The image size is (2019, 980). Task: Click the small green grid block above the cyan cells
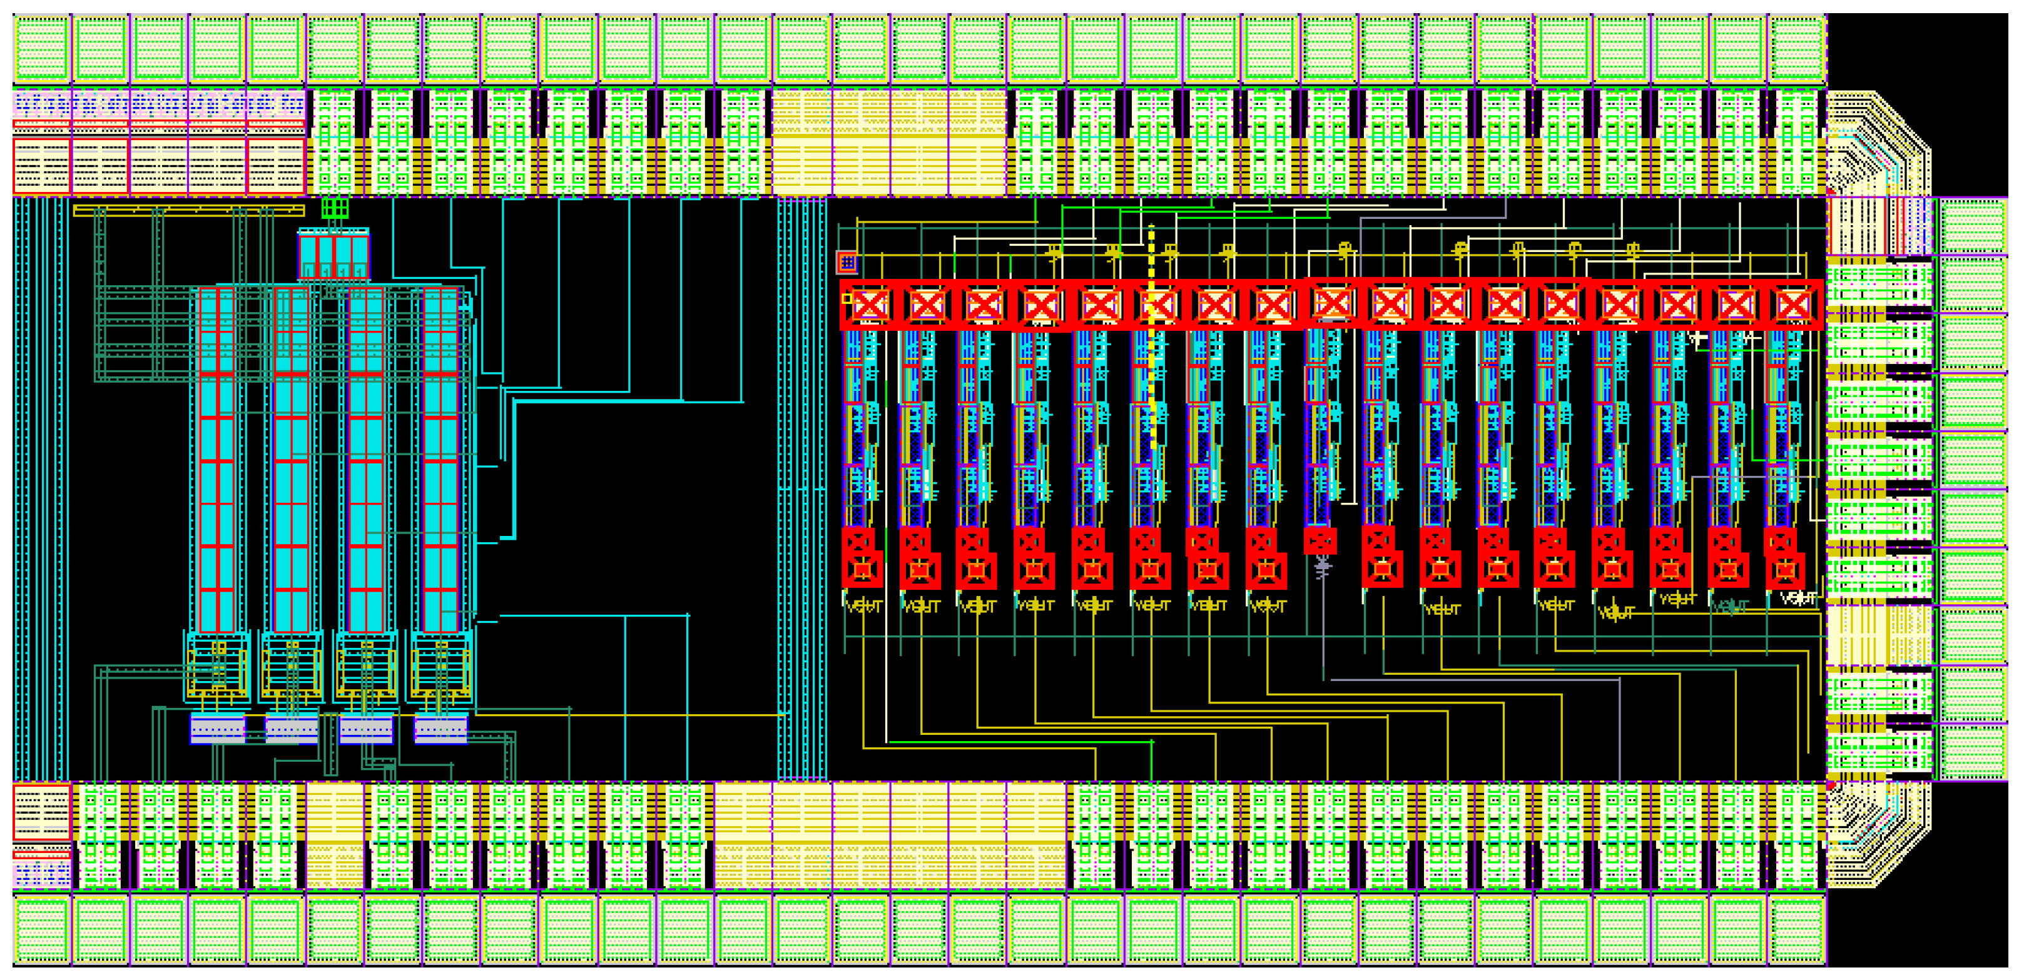click(335, 208)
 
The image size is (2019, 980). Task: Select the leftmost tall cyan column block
click(217, 460)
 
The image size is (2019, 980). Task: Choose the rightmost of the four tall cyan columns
click(440, 460)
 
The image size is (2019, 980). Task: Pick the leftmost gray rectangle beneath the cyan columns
click(218, 729)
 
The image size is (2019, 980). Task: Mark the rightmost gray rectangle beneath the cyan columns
click(440, 729)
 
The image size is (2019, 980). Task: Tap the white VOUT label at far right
click(1798, 599)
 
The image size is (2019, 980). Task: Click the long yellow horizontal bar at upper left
click(188, 210)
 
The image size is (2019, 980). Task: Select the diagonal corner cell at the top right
click(1877, 145)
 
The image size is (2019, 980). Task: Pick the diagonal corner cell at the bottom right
click(1877, 834)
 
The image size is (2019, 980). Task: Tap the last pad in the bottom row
click(1797, 930)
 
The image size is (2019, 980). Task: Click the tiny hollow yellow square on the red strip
click(847, 298)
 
